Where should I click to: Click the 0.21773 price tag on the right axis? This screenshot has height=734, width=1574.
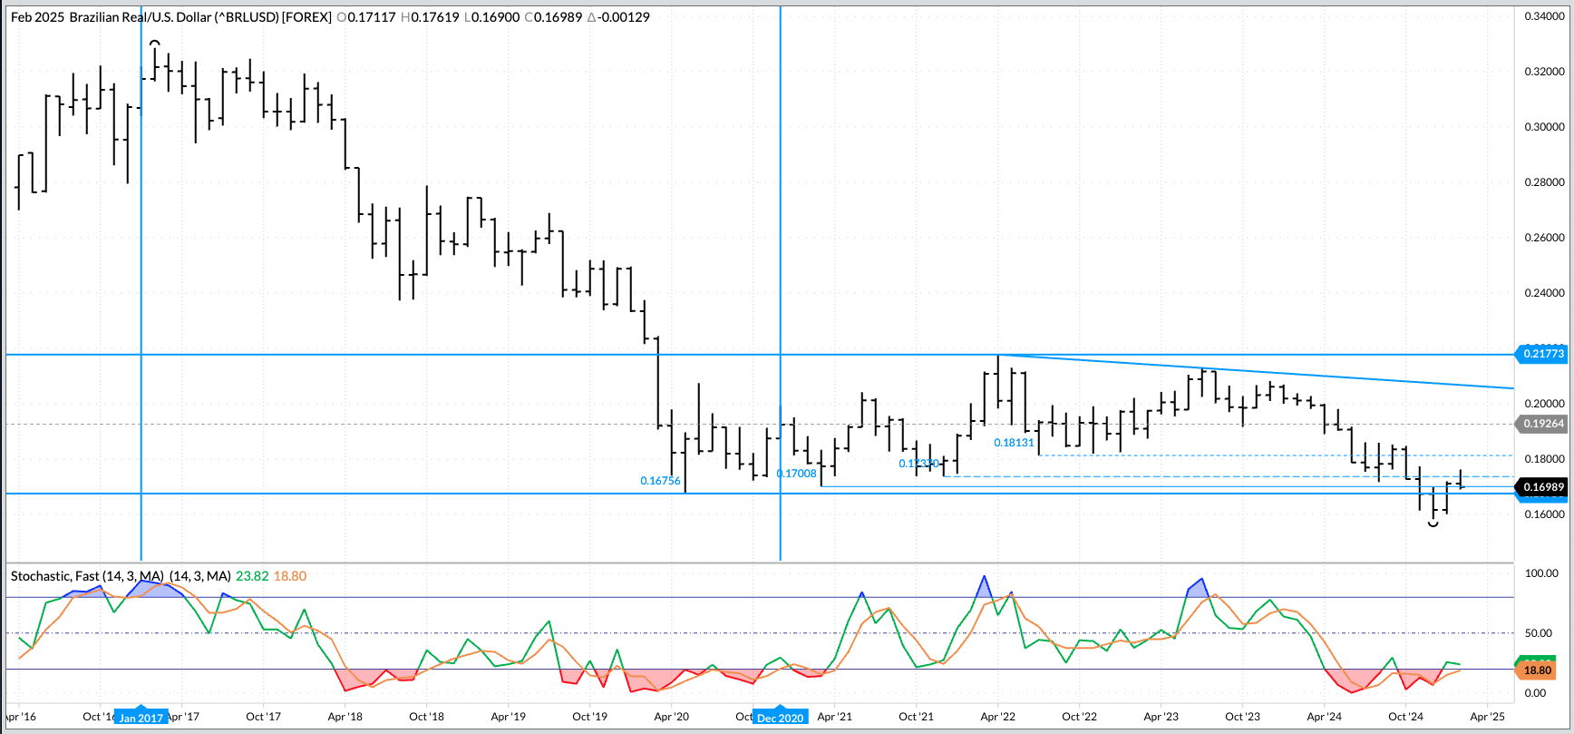(x=1543, y=354)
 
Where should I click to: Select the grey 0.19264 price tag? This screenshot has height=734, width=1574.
(x=1543, y=424)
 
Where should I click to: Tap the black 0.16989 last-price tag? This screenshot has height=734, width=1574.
(x=1543, y=487)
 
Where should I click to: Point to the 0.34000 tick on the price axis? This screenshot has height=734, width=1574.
(x=1544, y=16)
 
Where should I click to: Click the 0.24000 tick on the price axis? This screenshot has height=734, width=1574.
(x=1544, y=293)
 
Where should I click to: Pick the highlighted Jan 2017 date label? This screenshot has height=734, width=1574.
(x=141, y=718)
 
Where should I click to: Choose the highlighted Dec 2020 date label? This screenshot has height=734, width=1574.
(x=780, y=718)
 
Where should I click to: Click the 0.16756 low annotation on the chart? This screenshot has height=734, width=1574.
(x=660, y=481)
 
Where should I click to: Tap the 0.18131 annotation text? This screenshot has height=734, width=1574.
(x=1014, y=443)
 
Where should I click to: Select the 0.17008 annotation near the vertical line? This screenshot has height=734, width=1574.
(x=797, y=474)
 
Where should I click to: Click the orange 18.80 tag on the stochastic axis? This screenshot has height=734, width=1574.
(x=1538, y=670)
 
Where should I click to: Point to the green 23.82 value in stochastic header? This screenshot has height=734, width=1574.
(x=252, y=576)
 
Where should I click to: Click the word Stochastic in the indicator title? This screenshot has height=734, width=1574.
(x=40, y=576)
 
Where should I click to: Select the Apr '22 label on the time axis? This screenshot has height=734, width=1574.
(x=997, y=717)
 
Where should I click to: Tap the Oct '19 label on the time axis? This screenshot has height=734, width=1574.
(x=589, y=717)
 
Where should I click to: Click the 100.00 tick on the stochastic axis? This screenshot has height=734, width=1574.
(x=1541, y=573)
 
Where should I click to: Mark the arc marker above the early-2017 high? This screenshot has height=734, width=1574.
(x=155, y=43)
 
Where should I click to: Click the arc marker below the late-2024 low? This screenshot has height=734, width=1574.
(x=1433, y=524)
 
